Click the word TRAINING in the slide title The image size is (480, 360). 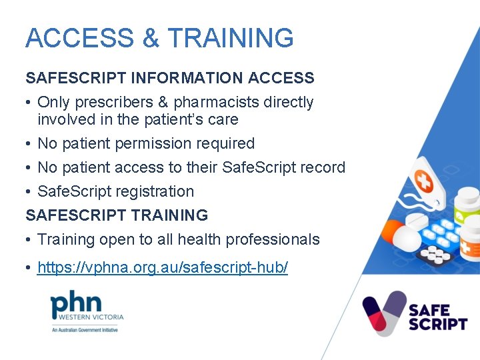(x=230, y=38)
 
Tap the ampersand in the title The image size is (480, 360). (x=151, y=38)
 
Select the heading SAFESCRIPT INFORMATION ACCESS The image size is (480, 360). (x=170, y=78)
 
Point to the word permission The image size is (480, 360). (x=151, y=143)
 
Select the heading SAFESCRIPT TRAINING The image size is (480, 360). (x=117, y=215)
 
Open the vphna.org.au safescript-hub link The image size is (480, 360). (x=163, y=268)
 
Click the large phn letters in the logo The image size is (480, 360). (x=77, y=303)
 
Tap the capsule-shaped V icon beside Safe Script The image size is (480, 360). (x=384, y=313)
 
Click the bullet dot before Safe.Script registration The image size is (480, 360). (x=29, y=192)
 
